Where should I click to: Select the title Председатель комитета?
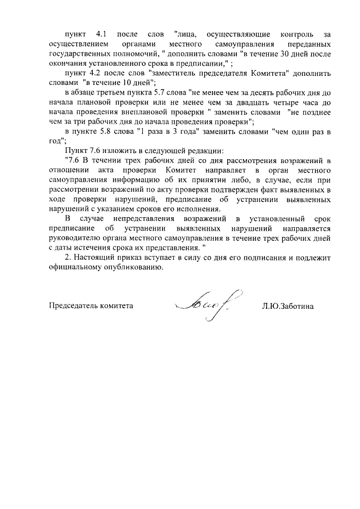click(91, 306)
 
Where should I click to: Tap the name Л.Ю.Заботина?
click(287, 306)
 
